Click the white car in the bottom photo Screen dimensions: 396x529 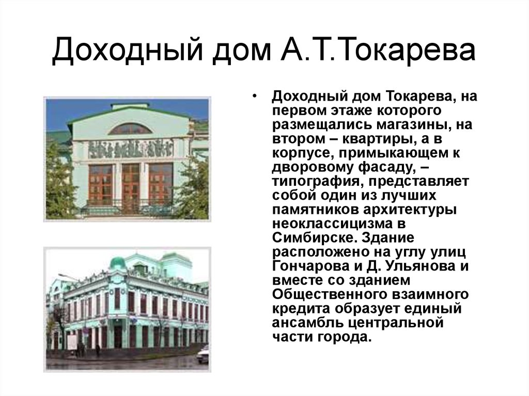pos(203,354)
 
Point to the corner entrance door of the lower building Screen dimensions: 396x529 pos(118,336)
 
